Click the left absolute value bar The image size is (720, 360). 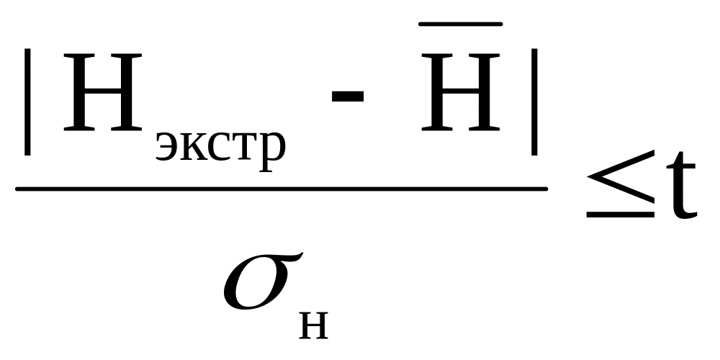point(27,102)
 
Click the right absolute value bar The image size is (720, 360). point(534,102)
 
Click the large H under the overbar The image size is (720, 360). point(462,93)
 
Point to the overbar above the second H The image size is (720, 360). point(462,25)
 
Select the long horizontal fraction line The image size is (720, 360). point(281,189)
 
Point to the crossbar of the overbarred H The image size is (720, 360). point(462,91)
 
